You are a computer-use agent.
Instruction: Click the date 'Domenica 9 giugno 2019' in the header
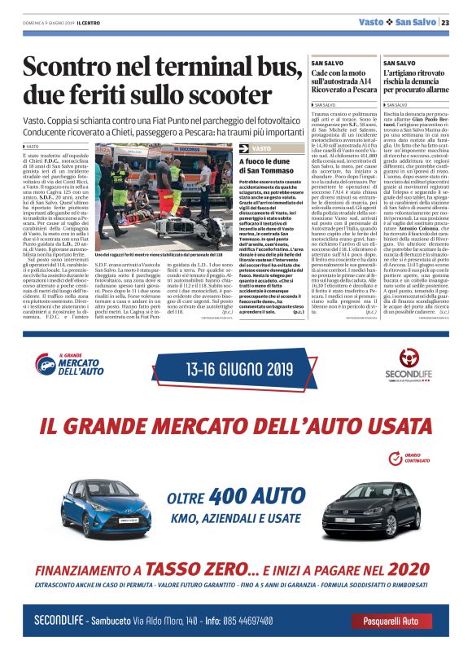[47, 23]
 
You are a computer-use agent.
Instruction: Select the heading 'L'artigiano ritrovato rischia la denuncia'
[417, 79]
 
